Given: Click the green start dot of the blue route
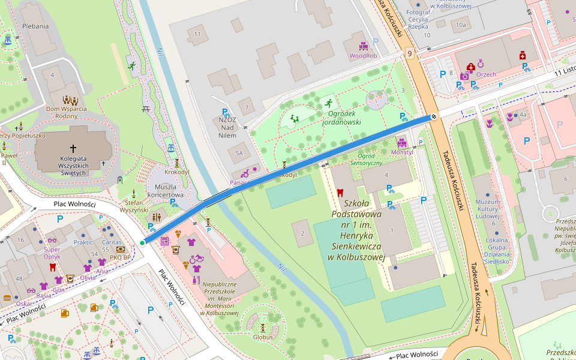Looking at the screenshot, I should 142,242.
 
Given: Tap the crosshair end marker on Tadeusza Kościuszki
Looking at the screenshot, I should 433,116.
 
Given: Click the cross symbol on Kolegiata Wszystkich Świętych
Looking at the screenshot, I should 73,148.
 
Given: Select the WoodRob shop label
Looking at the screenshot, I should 364,56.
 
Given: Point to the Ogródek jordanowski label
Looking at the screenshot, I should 341,117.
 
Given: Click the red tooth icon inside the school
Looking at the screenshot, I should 340,193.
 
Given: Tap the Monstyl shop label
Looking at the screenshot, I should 401,152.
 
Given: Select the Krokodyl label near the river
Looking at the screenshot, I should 177,172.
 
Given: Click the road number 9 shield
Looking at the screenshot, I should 410,54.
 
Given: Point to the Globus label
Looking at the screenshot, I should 263,337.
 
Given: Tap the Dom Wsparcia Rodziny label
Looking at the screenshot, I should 67,112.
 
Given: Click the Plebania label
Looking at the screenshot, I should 35,26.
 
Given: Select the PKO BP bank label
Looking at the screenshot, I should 120,257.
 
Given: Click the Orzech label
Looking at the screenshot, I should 487,74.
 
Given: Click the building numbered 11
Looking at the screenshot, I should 197,34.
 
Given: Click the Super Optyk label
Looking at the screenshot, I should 52,249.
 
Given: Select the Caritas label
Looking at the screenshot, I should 112,242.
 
